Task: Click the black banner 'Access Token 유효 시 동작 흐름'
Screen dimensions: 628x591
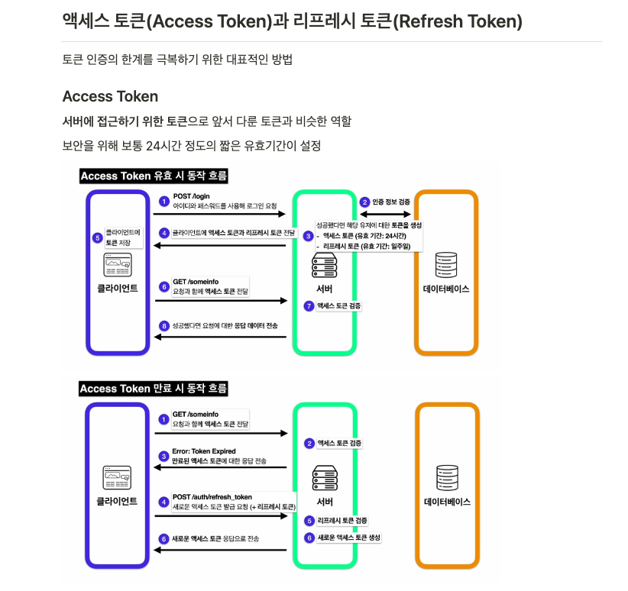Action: (x=154, y=176)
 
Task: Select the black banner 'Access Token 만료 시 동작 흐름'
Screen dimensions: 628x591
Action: (x=154, y=389)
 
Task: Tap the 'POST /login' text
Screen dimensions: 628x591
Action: (x=191, y=196)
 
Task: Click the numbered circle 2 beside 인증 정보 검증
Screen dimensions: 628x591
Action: (x=364, y=202)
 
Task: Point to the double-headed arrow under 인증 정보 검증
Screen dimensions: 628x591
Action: (x=385, y=215)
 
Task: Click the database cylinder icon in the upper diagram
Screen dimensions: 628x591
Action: (x=445, y=265)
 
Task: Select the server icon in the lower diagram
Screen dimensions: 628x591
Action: (x=325, y=478)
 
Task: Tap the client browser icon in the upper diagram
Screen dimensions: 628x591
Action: (x=117, y=265)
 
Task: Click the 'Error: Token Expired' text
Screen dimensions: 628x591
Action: (x=204, y=451)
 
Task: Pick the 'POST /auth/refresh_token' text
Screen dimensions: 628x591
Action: (x=212, y=497)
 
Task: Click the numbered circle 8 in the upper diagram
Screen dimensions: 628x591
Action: (x=163, y=326)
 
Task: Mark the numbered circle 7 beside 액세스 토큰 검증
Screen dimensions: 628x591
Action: (x=309, y=305)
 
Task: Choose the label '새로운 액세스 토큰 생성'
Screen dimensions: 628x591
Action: (x=348, y=538)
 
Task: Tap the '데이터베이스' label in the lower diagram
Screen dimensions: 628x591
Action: (x=447, y=502)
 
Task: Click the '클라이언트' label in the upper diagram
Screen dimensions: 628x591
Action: (x=117, y=289)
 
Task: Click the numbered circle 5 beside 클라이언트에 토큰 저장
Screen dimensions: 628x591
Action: (x=97, y=237)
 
